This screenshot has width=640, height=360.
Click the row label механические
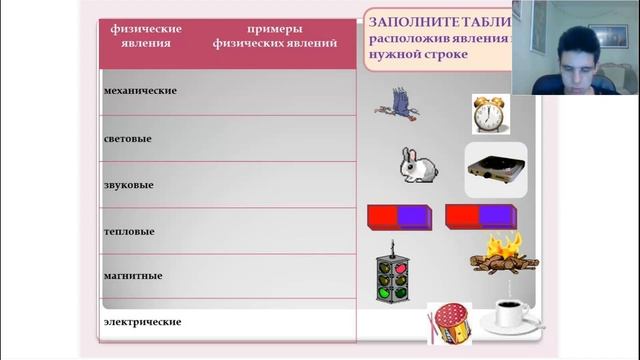tap(140, 91)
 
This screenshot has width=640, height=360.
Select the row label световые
tap(128, 138)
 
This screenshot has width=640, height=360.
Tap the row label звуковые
tap(128, 185)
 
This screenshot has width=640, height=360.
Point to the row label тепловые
tap(129, 231)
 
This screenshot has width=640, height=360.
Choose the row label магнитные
tap(133, 275)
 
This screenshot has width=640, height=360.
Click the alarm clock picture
tap(488, 113)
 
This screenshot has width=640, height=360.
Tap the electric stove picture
tap(496, 169)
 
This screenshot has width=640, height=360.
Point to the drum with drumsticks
tap(448, 324)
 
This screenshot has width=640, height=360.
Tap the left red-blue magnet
tap(398, 216)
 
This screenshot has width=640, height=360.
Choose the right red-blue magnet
tap(480, 216)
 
